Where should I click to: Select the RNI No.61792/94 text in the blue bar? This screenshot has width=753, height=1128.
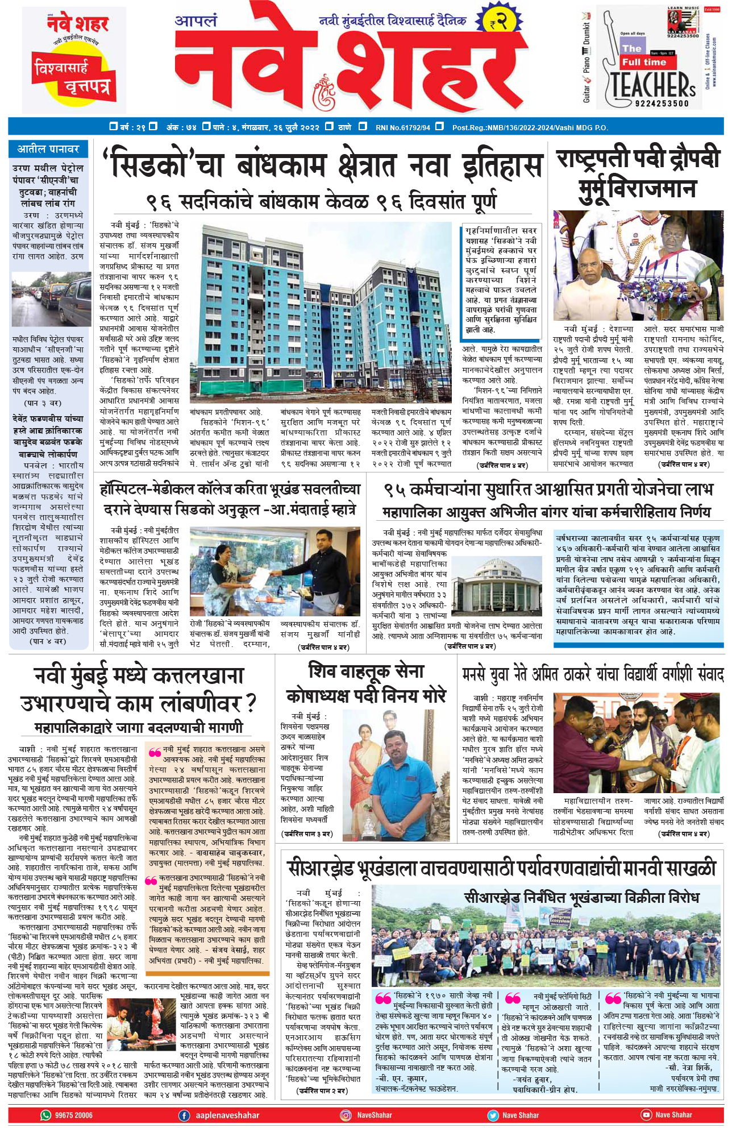point(402,127)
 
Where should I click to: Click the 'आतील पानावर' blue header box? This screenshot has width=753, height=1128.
point(48,150)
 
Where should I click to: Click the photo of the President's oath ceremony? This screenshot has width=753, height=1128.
point(638,266)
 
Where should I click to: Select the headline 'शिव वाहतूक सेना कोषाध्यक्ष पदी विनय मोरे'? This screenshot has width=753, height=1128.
point(366,683)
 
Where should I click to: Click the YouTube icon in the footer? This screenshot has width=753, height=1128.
point(646,1114)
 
